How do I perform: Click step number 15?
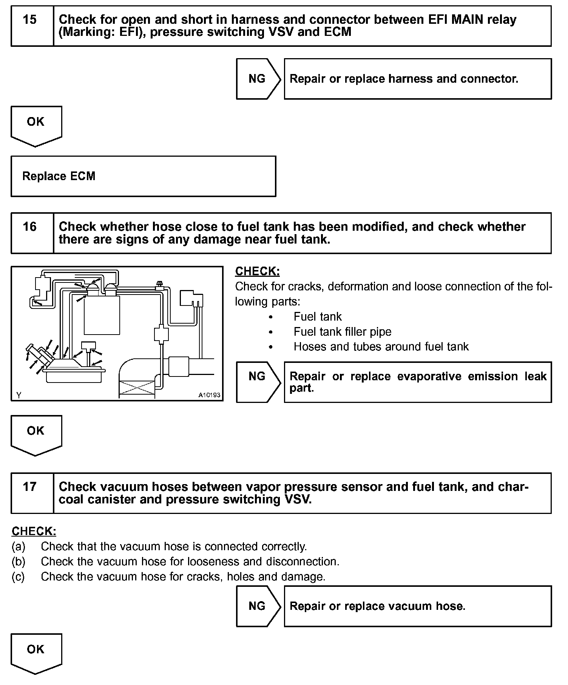coord(30,20)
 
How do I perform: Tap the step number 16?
coord(30,227)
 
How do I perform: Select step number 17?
coord(30,487)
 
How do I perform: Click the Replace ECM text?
coord(59,176)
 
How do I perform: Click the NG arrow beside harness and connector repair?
coord(258,79)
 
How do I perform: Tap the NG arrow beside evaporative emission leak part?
coord(258,376)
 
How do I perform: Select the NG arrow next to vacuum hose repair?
coord(258,606)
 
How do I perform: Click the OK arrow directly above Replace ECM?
coord(36,125)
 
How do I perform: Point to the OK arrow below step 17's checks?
coord(36,652)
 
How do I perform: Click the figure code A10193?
coord(209,395)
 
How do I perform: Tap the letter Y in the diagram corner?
coord(19,395)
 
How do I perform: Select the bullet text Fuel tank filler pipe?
coord(342,332)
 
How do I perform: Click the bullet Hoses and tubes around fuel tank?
coord(381,347)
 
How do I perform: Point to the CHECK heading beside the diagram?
coord(257,272)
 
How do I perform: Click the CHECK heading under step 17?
coord(34,531)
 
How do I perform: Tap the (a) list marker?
coord(19,546)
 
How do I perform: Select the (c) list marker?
coord(19,577)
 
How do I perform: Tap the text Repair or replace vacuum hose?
coord(377,606)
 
